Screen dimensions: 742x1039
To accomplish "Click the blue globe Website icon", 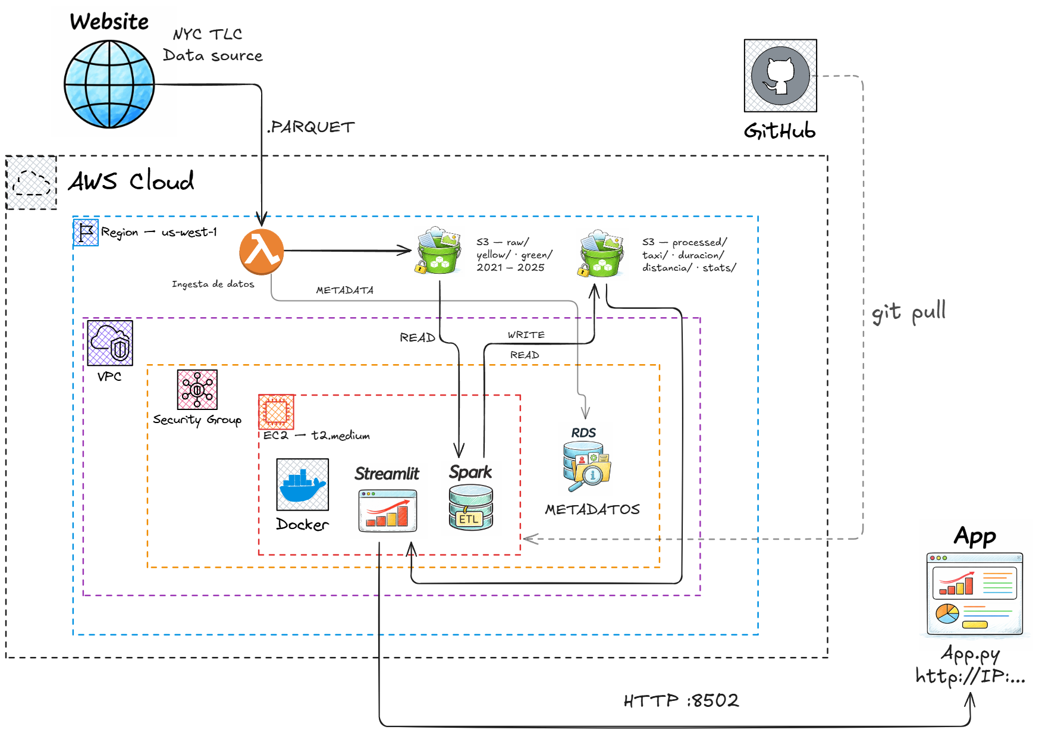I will tap(109, 84).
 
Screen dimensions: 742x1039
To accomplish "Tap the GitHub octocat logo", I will tap(780, 76).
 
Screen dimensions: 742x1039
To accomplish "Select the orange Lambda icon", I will tap(261, 251).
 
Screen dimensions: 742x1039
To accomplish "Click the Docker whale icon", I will tap(302, 484).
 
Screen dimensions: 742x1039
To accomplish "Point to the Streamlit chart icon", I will tap(388, 511).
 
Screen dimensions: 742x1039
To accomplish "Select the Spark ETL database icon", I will tap(470, 508).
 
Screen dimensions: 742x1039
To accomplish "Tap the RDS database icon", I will tap(586, 467).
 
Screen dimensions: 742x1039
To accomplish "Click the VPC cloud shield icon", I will tap(110, 343).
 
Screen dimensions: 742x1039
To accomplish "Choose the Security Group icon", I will tap(197, 389).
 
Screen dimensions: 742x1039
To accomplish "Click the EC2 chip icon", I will tap(276, 411).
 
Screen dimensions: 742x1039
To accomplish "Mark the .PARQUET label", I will tap(310, 127).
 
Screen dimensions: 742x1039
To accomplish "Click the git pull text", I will tap(908, 312).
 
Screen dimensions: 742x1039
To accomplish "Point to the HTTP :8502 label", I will tap(681, 700).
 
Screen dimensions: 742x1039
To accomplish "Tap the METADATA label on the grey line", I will tap(344, 290).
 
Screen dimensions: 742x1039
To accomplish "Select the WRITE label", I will tap(526, 335).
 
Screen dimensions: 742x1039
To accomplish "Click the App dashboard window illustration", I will tap(974, 594).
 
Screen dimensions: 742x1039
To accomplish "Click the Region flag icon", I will tap(86, 233).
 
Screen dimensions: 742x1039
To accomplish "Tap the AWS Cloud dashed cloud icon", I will tap(32, 182).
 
